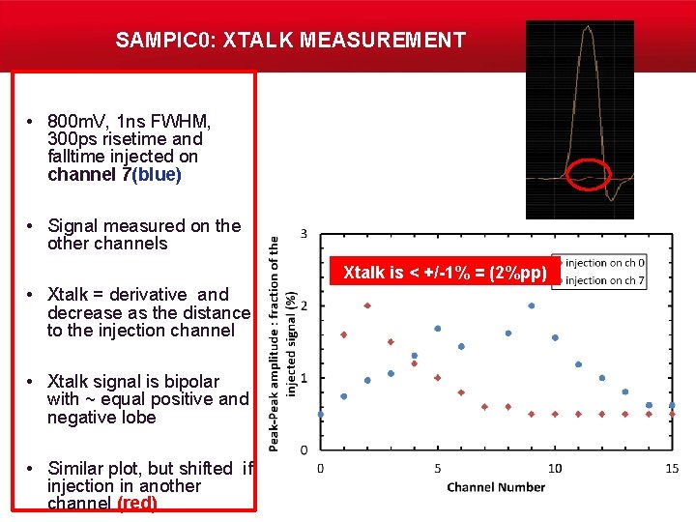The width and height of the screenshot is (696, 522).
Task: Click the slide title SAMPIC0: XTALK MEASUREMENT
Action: tap(290, 41)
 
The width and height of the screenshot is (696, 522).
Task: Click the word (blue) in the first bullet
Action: tap(158, 175)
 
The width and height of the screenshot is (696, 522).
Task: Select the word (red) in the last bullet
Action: tap(137, 504)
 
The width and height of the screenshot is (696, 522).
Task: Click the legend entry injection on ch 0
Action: tap(605, 263)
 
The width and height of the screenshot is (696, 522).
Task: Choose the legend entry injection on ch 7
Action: tap(605, 280)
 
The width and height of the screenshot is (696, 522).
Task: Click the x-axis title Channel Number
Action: tap(496, 487)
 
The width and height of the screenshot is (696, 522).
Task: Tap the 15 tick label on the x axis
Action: tap(672, 469)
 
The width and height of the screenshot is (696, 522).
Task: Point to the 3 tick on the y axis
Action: tap(304, 234)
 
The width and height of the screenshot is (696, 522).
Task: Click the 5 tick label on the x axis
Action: tap(437, 469)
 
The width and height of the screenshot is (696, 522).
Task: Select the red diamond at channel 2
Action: tap(367, 305)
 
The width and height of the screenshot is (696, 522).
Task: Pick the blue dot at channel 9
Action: tap(532, 305)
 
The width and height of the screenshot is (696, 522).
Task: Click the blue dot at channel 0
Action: tap(321, 414)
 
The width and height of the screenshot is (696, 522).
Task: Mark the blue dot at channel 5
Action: tap(438, 329)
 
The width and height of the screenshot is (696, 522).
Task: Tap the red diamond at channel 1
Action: tap(344, 334)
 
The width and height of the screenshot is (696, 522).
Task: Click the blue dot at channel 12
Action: tap(602, 378)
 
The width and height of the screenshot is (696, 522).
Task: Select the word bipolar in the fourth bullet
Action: tap(186, 382)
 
